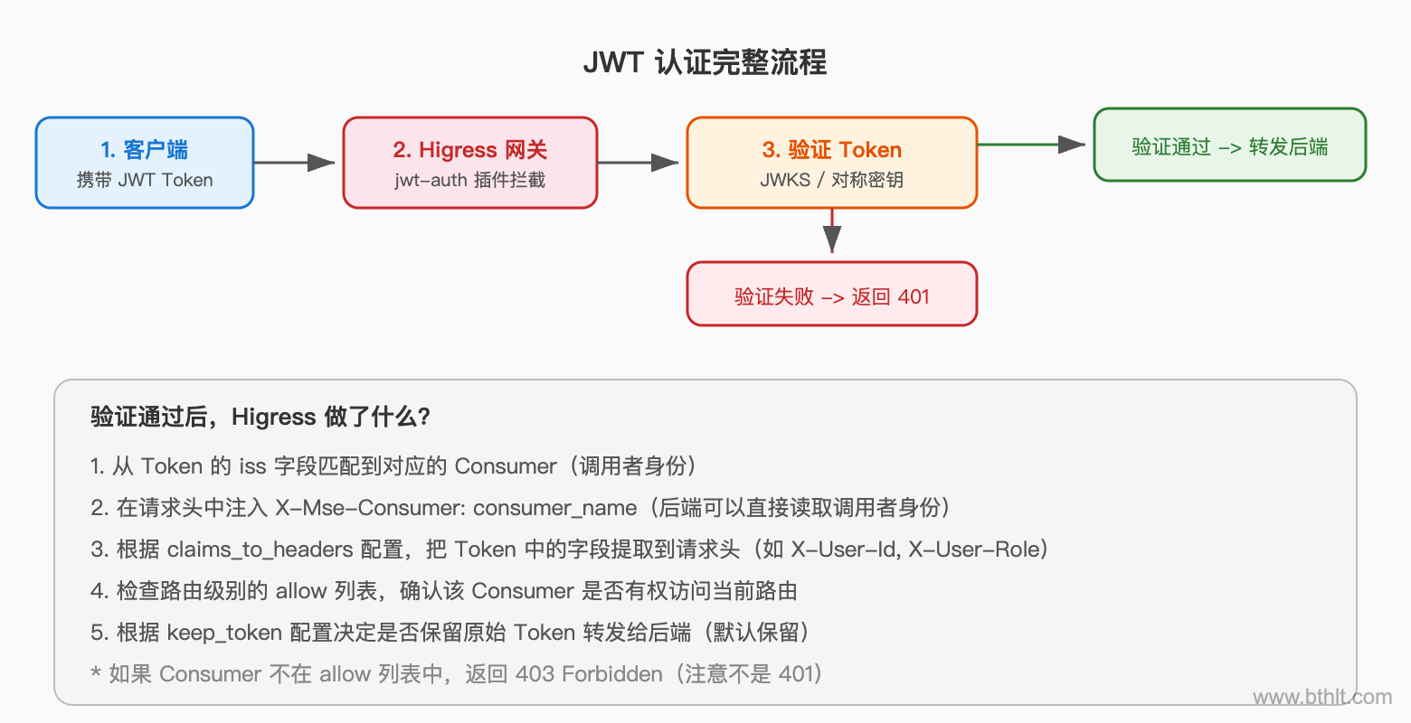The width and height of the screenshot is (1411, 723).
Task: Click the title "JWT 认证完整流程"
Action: (705, 62)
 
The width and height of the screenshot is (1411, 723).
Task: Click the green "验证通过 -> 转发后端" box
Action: (1229, 146)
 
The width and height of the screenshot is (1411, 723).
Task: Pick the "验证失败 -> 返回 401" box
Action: (831, 296)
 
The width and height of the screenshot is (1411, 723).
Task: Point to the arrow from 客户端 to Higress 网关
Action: (295, 163)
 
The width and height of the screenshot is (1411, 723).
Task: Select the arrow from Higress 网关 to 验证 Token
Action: (639, 163)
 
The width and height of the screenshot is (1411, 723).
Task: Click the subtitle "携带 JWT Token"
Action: (145, 180)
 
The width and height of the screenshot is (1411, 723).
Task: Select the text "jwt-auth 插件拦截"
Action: (469, 180)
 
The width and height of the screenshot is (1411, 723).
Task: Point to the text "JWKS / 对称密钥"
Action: (831, 180)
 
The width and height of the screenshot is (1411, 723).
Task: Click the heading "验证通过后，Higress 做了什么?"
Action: (260, 417)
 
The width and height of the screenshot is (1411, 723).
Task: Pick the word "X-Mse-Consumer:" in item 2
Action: (371, 508)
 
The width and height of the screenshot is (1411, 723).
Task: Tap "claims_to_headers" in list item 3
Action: (260, 549)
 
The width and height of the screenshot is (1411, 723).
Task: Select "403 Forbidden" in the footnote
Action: (589, 674)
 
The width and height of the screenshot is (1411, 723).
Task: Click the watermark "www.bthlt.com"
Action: (1321, 697)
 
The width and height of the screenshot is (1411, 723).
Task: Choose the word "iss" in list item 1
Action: (252, 466)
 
